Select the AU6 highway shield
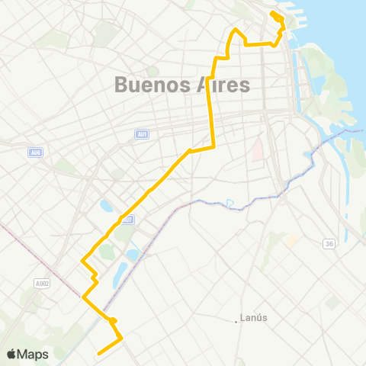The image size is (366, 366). tap(34, 152)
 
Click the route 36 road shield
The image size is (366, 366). tap(329, 244)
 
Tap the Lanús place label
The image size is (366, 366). tap(253, 319)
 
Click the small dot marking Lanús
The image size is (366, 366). tap(236, 321)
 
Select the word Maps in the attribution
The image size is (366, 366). tap(34, 354)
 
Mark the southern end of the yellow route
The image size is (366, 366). tap(98, 353)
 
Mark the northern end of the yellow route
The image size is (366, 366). tap(272, 12)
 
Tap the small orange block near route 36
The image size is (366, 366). tap(292, 240)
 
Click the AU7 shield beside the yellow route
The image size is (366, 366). tap(129, 220)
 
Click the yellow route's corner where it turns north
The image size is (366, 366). tap(214, 146)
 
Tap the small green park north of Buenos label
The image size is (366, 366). tap(153, 71)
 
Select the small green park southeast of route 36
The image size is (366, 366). tap(332, 303)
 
